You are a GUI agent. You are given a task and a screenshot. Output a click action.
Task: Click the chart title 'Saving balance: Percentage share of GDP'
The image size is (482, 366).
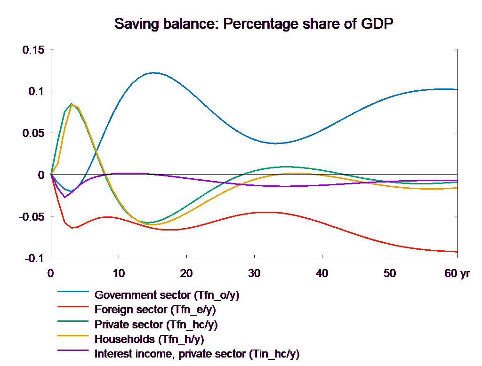254,24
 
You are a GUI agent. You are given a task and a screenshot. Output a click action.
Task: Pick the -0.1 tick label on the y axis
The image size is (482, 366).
33,259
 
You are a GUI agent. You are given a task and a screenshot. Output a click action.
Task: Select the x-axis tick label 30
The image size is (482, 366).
254,273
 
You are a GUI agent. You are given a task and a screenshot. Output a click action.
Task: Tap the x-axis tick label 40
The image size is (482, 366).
321,273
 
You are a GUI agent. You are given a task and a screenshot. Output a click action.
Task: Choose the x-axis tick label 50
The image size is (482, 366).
389,273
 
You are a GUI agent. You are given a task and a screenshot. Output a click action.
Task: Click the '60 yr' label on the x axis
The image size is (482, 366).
457,273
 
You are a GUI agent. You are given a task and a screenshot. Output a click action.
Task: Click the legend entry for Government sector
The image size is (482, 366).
167,295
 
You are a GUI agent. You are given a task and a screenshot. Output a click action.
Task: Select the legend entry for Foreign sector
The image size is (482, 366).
155,310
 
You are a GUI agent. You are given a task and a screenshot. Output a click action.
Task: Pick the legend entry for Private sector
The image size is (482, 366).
156,325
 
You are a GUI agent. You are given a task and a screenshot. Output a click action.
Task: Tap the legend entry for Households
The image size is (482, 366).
149,339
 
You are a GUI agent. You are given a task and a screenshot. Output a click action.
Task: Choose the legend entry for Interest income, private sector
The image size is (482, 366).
197,354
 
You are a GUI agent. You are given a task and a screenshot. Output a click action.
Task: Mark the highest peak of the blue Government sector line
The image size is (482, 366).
154,73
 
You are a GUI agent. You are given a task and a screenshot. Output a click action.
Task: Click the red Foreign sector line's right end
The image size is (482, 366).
458,252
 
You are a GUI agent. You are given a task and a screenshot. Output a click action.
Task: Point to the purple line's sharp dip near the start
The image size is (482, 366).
64,197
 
